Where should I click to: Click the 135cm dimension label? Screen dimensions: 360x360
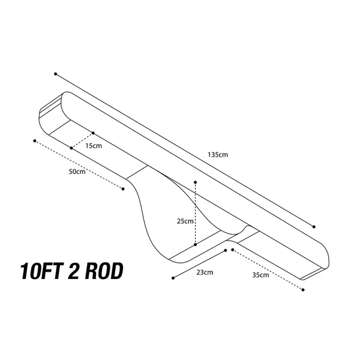point(218,155)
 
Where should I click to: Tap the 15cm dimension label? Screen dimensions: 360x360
point(94,146)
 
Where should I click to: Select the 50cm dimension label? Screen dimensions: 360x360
point(77,172)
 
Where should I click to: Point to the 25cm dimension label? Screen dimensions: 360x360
point(185,221)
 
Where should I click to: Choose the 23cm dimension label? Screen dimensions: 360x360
point(205,272)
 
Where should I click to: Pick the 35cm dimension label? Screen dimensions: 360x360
point(260,275)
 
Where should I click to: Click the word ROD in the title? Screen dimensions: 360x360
point(104,271)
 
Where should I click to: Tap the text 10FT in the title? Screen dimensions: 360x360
point(42,271)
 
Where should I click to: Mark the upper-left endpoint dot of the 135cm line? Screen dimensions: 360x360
point(56,74)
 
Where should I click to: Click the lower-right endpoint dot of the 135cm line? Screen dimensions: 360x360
point(314,227)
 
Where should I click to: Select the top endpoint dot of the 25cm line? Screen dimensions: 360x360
point(196,182)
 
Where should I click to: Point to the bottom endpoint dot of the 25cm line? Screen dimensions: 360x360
point(196,245)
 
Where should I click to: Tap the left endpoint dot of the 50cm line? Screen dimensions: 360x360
point(35,141)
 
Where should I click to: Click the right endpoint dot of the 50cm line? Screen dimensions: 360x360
point(123,189)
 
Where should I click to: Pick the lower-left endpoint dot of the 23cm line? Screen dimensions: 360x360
point(173,278)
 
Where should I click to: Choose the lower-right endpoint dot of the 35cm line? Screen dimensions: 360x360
point(303,290)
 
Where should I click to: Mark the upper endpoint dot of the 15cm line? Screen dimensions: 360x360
point(93,133)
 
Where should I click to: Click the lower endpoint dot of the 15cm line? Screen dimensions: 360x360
point(71,148)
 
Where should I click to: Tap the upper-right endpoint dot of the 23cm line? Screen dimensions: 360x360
point(226,250)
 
